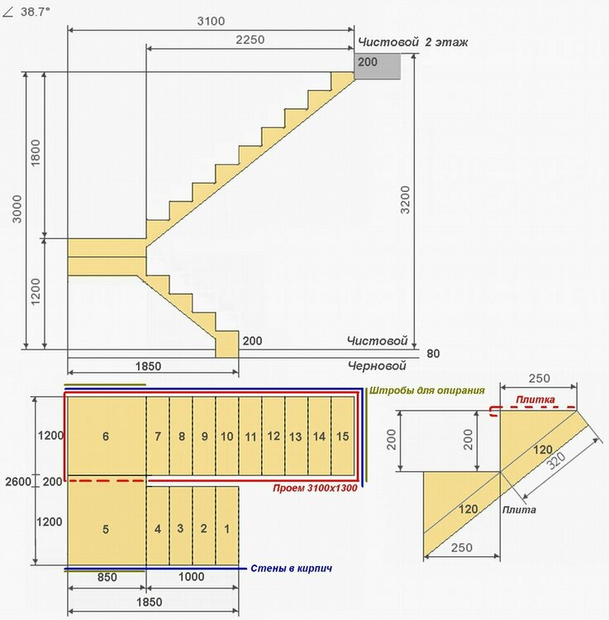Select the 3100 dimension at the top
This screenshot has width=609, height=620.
point(211,21)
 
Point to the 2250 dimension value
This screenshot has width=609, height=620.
point(250,40)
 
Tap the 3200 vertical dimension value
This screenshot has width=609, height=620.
point(406,200)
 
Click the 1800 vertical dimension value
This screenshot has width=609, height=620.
point(36,153)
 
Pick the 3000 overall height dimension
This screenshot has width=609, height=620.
point(17,209)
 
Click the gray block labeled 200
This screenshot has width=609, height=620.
point(378,66)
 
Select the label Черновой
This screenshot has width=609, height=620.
point(377,365)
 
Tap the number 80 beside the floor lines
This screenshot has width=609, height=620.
point(433,354)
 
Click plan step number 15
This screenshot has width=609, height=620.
point(342,436)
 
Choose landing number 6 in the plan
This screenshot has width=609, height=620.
point(106,436)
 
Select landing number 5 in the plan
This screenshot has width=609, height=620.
point(106,529)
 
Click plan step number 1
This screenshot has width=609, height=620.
point(227,529)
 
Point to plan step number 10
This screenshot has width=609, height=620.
point(227,436)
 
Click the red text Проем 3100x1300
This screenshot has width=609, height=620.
point(315,488)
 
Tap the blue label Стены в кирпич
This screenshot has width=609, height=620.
point(291,568)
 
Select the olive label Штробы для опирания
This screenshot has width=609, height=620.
point(427,391)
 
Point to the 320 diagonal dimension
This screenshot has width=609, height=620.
point(556,460)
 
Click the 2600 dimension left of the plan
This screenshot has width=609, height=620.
point(18,482)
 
